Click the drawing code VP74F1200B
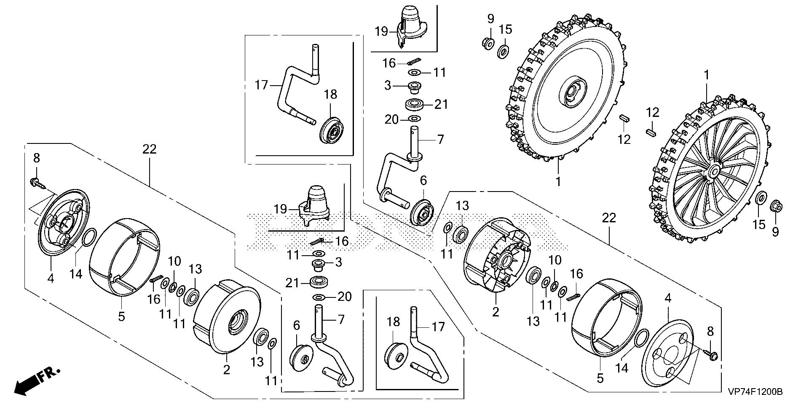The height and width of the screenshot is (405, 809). (x=755, y=392)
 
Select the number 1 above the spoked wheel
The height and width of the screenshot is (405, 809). (x=707, y=76)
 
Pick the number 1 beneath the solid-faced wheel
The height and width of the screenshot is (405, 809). (x=558, y=182)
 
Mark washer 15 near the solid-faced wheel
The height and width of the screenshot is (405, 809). (x=503, y=52)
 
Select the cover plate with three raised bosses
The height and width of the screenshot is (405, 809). (x=64, y=222)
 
